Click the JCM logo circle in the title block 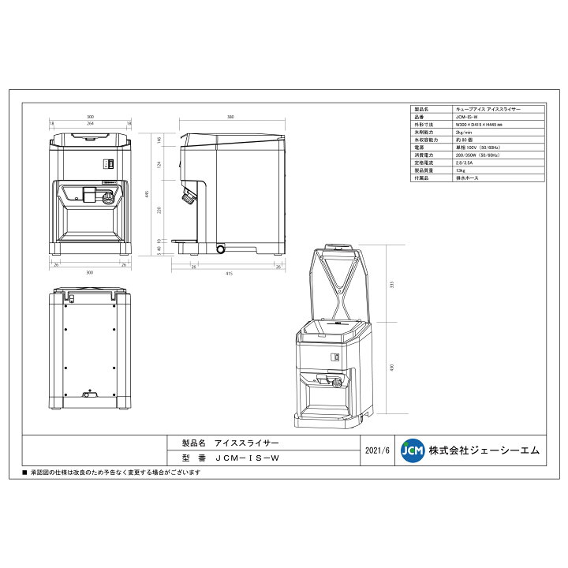[x=412, y=450]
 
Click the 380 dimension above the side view [x=230, y=117]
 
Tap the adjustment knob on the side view [x=189, y=198]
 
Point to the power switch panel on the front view [x=109, y=164]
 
